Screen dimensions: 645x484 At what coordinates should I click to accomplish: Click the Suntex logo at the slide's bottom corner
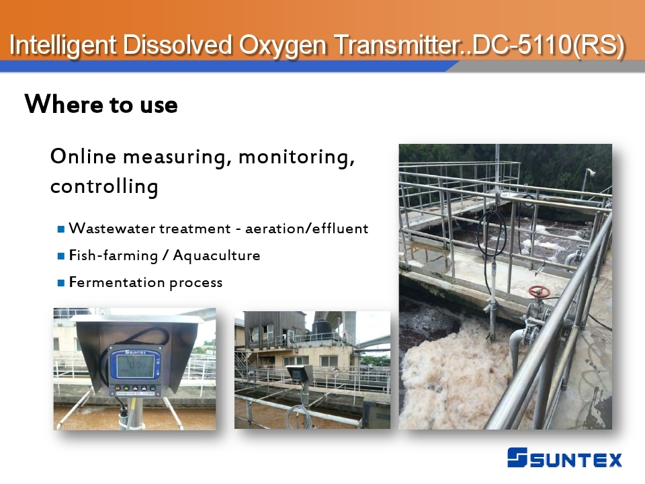pos(564,458)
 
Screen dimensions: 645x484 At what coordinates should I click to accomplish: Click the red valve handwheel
pos(539,292)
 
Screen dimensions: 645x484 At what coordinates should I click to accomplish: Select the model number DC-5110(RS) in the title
pos(548,45)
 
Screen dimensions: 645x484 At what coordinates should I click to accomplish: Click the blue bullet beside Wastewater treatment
pos(61,229)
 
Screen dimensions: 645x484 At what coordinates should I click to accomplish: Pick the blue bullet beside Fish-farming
pos(61,256)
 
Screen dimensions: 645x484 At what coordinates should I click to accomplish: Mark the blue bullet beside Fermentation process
pos(61,283)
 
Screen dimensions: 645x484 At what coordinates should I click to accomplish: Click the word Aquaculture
pos(216,255)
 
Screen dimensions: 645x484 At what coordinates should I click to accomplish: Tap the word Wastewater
pos(112,229)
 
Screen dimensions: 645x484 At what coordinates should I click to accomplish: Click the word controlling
pos(104,186)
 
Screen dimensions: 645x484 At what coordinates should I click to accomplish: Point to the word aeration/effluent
pos(307,229)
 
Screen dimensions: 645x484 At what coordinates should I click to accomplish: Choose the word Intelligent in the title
pos(62,45)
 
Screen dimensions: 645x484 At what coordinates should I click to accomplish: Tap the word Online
pos(83,157)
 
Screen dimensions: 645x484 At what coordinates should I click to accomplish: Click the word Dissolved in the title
pos(177,44)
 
